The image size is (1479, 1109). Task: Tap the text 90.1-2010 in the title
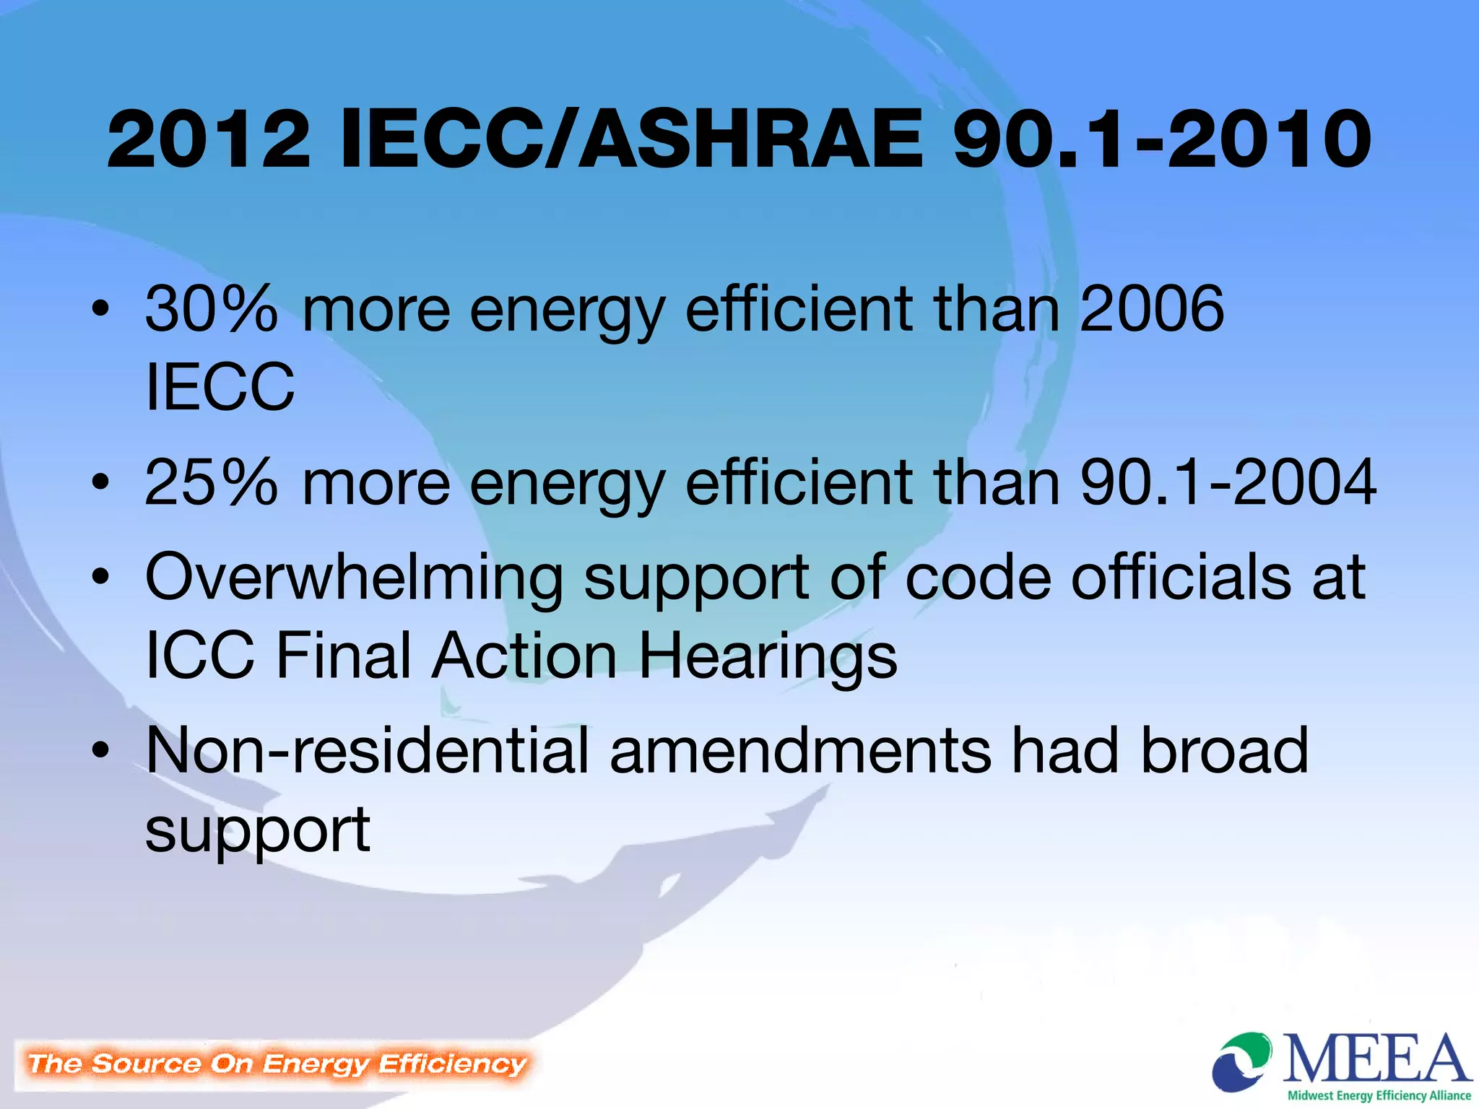pyautogui.click(x=1161, y=139)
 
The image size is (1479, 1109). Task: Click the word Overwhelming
pyautogui.click(x=354, y=578)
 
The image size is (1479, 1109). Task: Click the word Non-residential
pyautogui.click(x=368, y=751)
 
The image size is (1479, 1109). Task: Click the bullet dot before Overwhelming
pyautogui.click(x=100, y=578)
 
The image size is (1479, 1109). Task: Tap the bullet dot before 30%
pyautogui.click(x=100, y=310)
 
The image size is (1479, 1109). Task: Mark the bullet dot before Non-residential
pyautogui.click(x=100, y=751)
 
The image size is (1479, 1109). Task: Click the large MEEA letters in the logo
pyautogui.click(x=1376, y=1058)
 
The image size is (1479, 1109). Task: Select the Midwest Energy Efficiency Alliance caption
pyautogui.click(x=1379, y=1095)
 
